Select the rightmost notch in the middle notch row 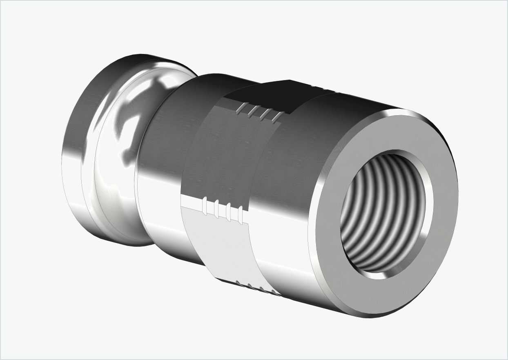pos(240,214)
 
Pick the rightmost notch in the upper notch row pos(277,117)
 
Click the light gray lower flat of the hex pos(221,241)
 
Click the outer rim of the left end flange pos(74,155)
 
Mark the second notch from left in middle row pos(216,209)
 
